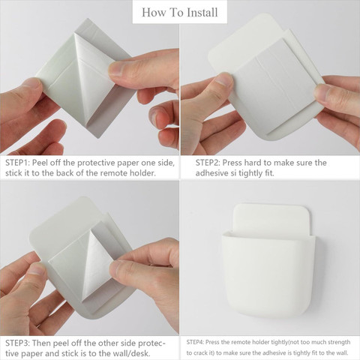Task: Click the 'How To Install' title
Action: coord(180,12)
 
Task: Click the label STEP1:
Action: coord(17,163)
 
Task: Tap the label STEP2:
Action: coord(208,163)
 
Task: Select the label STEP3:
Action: coord(17,343)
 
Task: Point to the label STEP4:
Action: coord(196,342)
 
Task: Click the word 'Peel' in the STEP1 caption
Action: coord(40,163)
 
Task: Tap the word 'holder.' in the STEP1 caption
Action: coord(142,173)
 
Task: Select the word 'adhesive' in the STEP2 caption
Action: coord(212,173)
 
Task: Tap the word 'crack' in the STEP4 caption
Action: coord(199,353)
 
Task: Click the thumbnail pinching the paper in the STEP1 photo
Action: coord(118,69)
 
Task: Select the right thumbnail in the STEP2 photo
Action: coord(325,94)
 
